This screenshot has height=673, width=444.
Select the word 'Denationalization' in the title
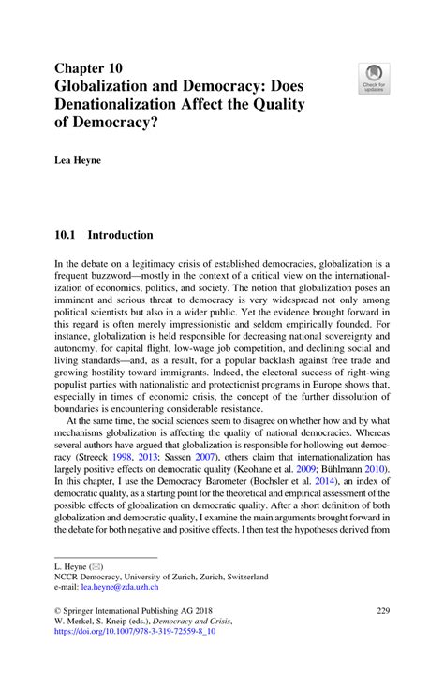click(125, 105)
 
